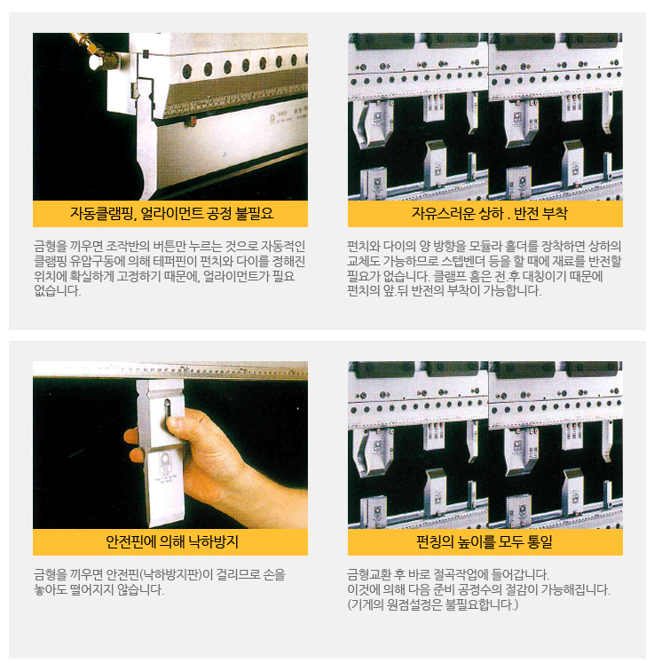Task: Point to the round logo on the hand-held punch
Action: (164, 459)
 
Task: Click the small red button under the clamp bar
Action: (192, 122)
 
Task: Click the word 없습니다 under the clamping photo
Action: (57, 291)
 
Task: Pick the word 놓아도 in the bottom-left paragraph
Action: (51, 590)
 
